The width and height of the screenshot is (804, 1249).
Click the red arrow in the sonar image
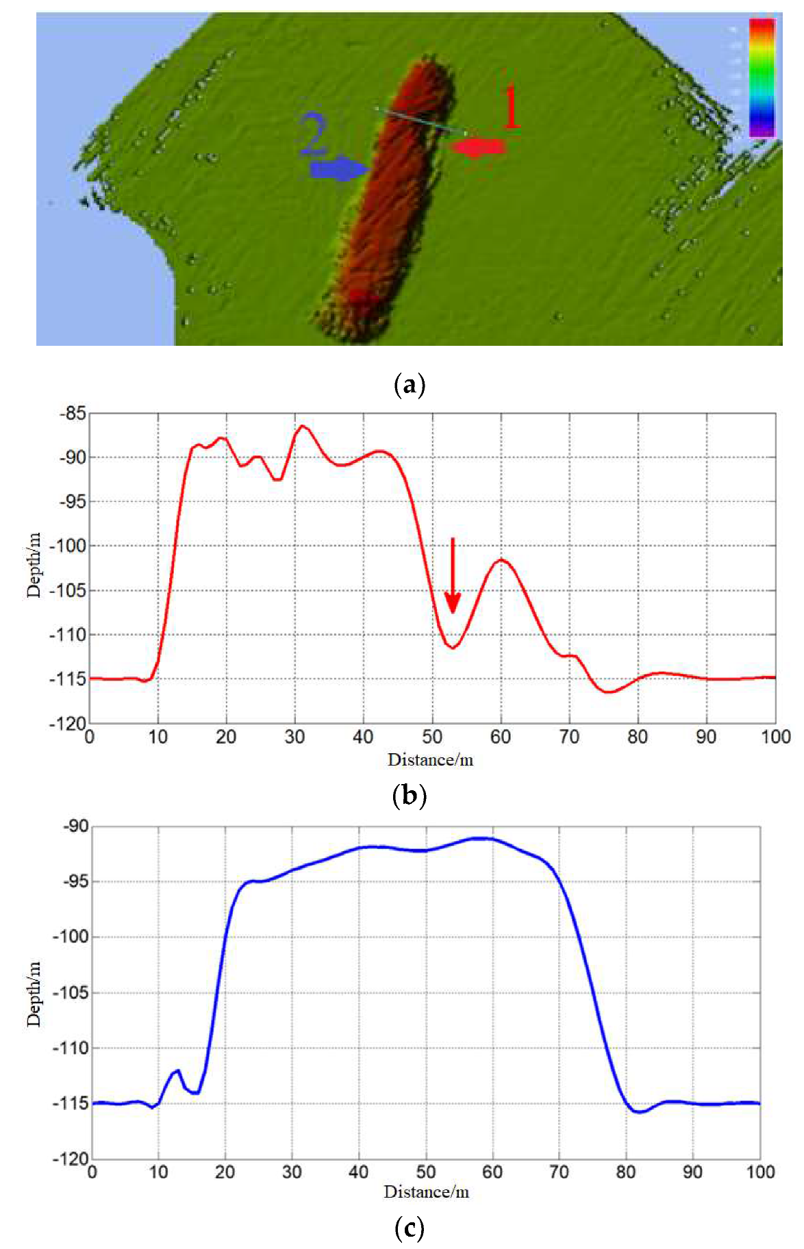pos(478,147)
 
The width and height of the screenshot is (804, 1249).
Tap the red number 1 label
pos(511,108)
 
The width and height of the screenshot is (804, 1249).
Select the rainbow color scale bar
pos(762,77)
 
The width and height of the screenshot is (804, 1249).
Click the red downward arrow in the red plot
pos(452,575)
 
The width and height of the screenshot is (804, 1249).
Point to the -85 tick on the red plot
pos(73,414)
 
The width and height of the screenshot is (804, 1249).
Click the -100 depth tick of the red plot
pos(69,546)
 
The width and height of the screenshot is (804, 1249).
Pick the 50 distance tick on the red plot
pos(432,737)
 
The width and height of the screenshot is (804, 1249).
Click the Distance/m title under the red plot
pos(430,759)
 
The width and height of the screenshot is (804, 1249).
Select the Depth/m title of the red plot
pos(34,565)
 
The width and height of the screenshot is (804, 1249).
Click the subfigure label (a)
pos(410,385)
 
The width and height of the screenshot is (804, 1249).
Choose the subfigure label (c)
pos(410,1228)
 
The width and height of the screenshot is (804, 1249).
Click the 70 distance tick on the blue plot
pos(559,1172)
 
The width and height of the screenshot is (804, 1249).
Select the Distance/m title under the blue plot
pos(426,1192)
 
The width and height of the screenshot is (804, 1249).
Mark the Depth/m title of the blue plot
pos(34,994)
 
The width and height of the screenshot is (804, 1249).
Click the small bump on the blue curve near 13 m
pos(177,1070)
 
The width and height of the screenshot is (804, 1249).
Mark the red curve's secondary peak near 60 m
pos(501,560)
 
